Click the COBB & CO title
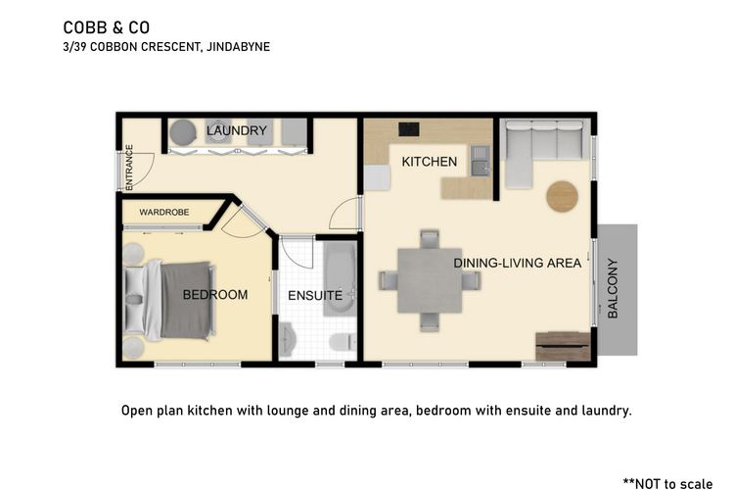tap(107, 27)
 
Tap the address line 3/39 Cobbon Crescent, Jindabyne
tap(166, 47)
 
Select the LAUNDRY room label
tap(237, 130)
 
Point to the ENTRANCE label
tap(129, 168)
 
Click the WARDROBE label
tap(164, 213)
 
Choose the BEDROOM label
tap(215, 294)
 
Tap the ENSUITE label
tap(315, 295)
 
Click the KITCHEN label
tap(430, 162)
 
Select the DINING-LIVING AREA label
tap(518, 263)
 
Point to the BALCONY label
tap(613, 288)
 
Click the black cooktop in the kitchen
tap(409, 129)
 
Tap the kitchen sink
tap(480, 161)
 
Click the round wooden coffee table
tap(562, 196)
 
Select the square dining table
tap(430, 280)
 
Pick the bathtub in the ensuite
tap(340, 278)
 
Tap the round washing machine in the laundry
tap(183, 132)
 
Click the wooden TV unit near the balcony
tap(563, 347)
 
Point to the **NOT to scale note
tap(668, 483)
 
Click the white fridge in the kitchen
tap(377, 177)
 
